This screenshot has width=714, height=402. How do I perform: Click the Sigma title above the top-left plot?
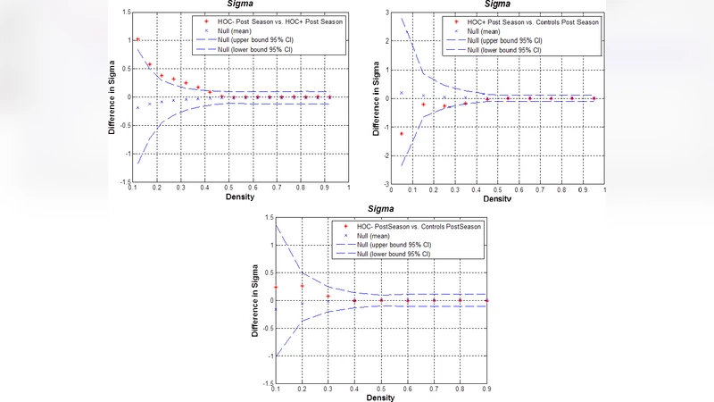coord(237,4)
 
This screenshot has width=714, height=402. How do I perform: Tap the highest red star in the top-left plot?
coord(137,40)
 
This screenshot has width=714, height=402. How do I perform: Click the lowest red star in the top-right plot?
coord(402,133)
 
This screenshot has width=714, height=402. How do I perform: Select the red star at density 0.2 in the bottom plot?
coord(303,286)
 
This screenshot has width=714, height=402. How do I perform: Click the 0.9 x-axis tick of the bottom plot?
coord(486,389)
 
